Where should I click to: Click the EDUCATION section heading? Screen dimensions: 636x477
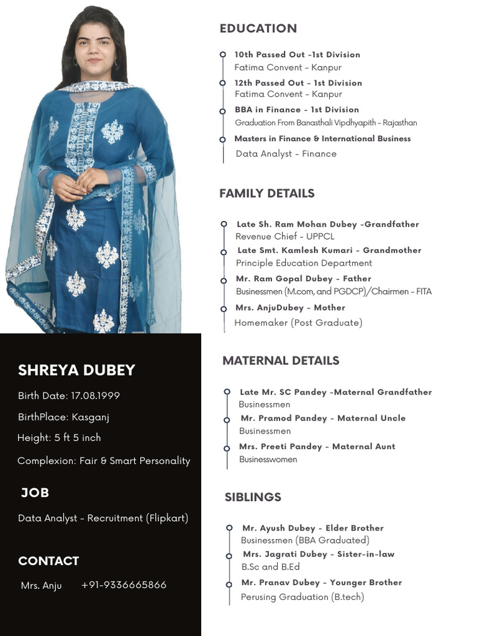coord(258,29)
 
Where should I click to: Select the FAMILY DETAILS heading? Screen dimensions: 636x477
coord(267,194)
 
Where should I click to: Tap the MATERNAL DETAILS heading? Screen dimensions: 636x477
coord(281,361)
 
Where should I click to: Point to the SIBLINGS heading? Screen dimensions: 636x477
coord(253,497)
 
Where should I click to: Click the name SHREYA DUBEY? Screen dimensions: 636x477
coord(76,370)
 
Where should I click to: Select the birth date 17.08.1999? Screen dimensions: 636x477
coord(95,396)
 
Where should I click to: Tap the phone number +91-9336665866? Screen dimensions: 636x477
coord(124,585)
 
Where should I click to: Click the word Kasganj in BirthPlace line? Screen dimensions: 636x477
coord(91,417)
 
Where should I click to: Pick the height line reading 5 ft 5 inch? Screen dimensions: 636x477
coord(59,438)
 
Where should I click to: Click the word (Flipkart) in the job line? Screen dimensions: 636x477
coord(167,518)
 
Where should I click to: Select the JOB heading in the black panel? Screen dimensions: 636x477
coord(35,493)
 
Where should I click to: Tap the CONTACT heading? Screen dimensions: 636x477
coord(48,561)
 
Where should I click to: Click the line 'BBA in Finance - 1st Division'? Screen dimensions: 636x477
coord(296,110)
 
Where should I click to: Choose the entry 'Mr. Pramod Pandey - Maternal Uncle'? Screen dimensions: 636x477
coord(323,419)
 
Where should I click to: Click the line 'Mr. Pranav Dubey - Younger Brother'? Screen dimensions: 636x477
coord(322,583)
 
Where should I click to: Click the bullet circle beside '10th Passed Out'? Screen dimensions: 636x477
coord(223,55)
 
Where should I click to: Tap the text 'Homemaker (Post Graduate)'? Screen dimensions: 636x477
coord(298,323)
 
